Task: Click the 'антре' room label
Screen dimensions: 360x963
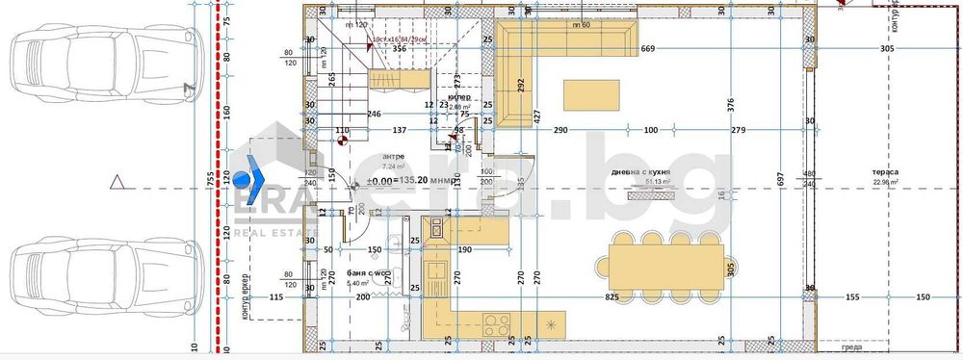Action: pyautogui.click(x=393, y=156)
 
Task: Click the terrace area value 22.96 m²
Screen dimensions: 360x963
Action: pyautogui.click(x=886, y=182)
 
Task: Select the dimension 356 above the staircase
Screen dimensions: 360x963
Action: pyautogui.click(x=398, y=47)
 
